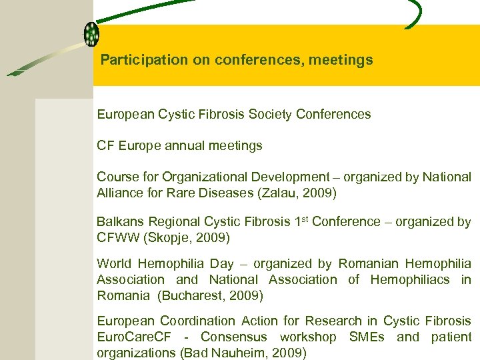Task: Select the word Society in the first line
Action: click(272, 115)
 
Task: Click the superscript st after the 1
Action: click(305, 219)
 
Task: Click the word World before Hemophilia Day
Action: click(114, 264)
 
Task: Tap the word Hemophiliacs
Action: click(409, 280)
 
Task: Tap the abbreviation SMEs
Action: click(367, 337)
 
